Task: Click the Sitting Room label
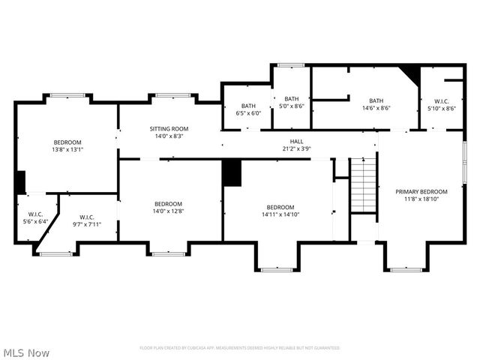[x=169, y=128]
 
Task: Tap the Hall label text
[x=297, y=141]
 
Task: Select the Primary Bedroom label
[x=421, y=192]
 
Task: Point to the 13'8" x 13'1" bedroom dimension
[x=67, y=149]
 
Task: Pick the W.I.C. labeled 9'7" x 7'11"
[x=86, y=220]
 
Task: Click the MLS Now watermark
[x=26, y=352]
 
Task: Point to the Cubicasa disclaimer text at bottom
[x=239, y=348]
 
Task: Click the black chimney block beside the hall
[x=232, y=172]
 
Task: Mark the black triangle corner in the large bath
[x=409, y=73]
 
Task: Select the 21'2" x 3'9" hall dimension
[x=297, y=148]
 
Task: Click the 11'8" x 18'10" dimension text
[x=421, y=199]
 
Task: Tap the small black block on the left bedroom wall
[x=20, y=182]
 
